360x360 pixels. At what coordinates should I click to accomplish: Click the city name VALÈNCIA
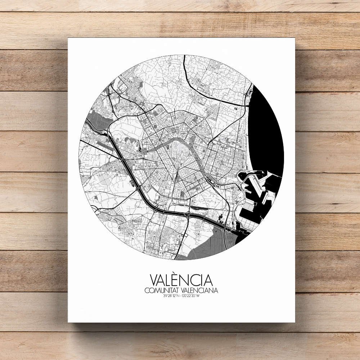click(181, 280)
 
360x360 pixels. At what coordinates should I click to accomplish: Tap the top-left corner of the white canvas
click(68, 38)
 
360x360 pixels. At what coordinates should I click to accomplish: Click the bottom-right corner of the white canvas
click(294, 322)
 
